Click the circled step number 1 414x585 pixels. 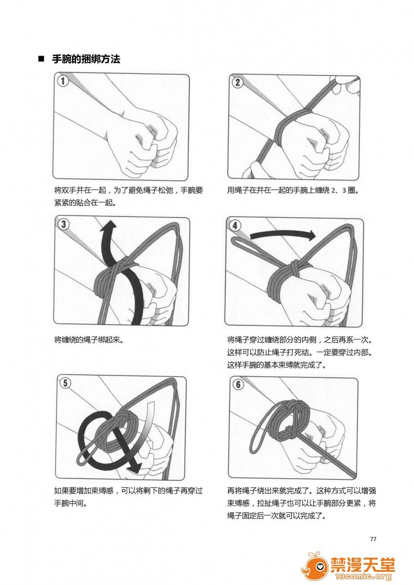tap(63, 81)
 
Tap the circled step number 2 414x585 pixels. tap(238, 82)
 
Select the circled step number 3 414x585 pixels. tap(64, 224)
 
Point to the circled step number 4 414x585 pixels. tap(235, 225)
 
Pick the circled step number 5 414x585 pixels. tap(65, 383)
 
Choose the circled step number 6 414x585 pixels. tap(238, 384)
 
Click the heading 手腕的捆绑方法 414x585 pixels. tap(86, 59)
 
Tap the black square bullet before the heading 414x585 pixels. tap(41, 59)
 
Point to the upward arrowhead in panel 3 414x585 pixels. tap(109, 226)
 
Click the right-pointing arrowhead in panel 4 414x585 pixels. tap(311, 236)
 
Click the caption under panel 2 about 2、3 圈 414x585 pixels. tap(293, 190)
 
